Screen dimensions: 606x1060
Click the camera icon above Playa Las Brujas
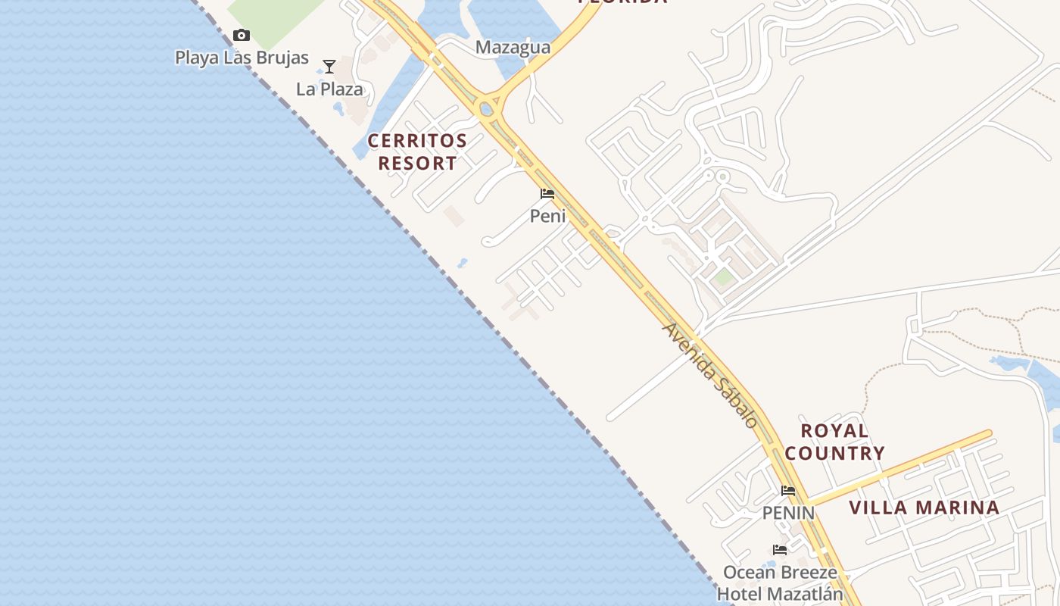pyautogui.click(x=242, y=35)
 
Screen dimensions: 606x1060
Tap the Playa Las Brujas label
pyautogui.click(x=242, y=58)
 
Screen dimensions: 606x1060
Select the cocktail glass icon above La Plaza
pyautogui.click(x=329, y=67)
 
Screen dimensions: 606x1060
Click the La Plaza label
pyautogui.click(x=329, y=89)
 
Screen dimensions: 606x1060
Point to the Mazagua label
pyautogui.click(x=513, y=48)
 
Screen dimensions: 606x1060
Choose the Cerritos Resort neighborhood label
pyautogui.click(x=417, y=151)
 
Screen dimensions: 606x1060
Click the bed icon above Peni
pyautogui.click(x=547, y=194)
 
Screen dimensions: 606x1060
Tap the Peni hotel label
pyautogui.click(x=547, y=217)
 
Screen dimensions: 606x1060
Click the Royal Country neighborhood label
pyautogui.click(x=834, y=442)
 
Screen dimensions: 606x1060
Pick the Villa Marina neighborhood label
pyautogui.click(x=924, y=508)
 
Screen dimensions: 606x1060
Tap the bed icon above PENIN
pyautogui.click(x=788, y=491)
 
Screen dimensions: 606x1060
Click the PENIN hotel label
pyautogui.click(x=788, y=514)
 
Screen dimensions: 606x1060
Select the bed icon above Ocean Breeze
pyautogui.click(x=780, y=550)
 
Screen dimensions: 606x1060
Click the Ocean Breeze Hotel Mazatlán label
pyautogui.click(x=780, y=583)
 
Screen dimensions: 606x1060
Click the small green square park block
pyautogui.click(x=724, y=277)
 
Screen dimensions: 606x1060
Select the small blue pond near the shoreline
pyautogui.click(x=462, y=264)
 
